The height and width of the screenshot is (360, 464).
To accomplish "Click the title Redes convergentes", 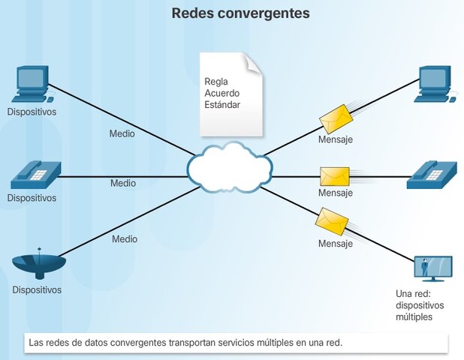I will pyautogui.click(x=240, y=13).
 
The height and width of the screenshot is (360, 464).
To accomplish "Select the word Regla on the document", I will pyautogui.click(x=216, y=82).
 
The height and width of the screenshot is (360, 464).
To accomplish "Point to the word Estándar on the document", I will pyautogui.click(x=222, y=105).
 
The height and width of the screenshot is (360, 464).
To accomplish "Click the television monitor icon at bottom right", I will pyautogui.click(x=433, y=268).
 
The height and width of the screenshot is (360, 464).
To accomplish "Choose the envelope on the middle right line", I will pyautogui.click(x=335, y=176).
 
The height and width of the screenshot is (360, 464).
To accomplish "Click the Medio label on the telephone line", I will pyautogui.click(x=123, y=183).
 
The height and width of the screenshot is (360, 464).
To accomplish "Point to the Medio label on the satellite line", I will pyautogui.click(x=125, y=239).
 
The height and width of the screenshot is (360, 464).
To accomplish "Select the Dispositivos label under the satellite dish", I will pyautogui.click(x=37, y=289).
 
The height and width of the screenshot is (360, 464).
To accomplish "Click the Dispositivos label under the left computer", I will pyautogui.click(x=32, y=112).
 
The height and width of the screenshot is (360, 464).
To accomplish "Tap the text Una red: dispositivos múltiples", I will pyautogui.click(x=420, y=306).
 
